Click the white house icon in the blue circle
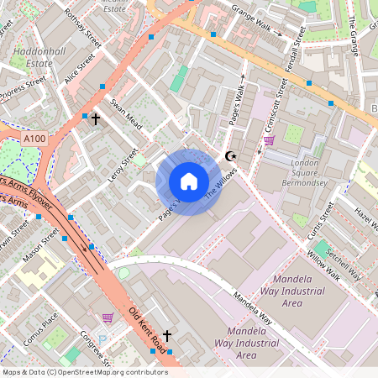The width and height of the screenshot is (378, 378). click(189, 181)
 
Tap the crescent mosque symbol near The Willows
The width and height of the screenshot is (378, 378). click(232, 156)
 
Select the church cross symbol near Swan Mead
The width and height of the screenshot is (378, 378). click(95, 120)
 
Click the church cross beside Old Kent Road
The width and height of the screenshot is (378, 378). click(166, 336)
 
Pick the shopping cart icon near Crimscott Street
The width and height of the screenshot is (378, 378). click(269, 140)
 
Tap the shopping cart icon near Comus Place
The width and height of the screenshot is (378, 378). click(108, 318)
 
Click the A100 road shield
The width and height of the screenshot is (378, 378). click(34, 139)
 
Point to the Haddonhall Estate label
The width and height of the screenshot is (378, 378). click(34, 56)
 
